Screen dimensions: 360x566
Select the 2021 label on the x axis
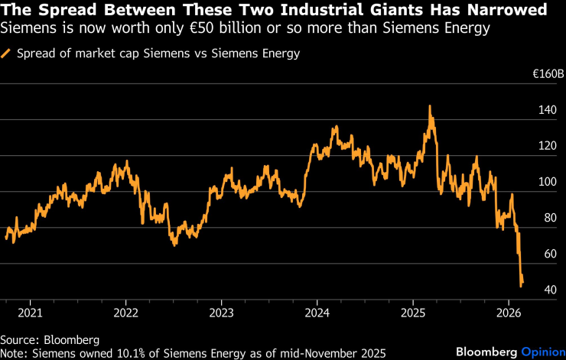tap(30, 313)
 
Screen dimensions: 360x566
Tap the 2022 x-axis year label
tap(125, 313)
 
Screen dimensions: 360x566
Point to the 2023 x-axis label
tap(221, 313)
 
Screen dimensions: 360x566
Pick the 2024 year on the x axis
tap(317, 313)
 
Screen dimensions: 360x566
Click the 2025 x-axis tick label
tap(413, 313)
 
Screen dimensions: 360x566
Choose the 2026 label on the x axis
tap(509, 313)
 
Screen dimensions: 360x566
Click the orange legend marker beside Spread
tap(6, 54)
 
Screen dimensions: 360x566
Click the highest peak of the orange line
tap(430, 107)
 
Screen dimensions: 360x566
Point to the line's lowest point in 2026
tap(521, 286)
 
